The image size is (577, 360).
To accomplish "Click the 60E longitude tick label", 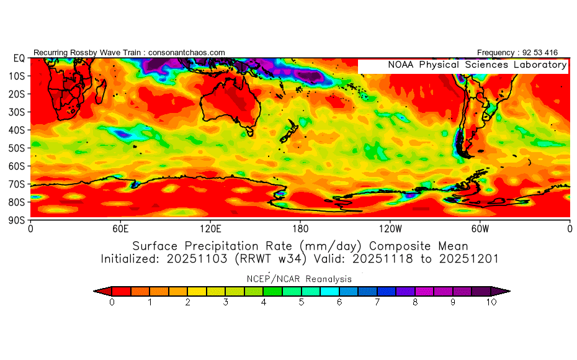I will point(120,228).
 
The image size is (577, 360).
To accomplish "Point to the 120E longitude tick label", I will point(210,228).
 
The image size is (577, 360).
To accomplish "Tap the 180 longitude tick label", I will point(300,228).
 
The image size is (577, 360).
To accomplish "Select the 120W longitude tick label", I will point(390,228).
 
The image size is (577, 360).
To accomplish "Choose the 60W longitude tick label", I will point(480,228).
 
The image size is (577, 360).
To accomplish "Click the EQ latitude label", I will point(19,58).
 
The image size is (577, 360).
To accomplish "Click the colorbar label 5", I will point(302,302).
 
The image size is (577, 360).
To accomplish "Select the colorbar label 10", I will point(491,302).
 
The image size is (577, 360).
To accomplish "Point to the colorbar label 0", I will point(112,302).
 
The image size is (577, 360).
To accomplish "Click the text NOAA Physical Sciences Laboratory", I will point(476,65).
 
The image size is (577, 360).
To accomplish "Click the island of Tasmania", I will point(250,132).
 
